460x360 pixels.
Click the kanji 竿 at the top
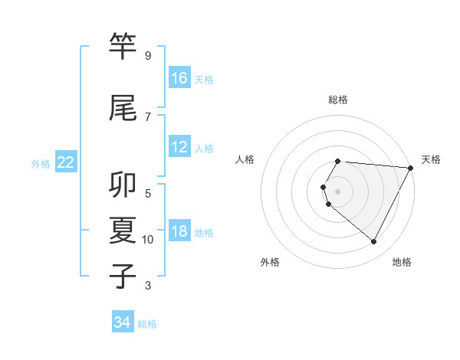(x=123, y=47)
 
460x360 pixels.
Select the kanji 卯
(x=123, y=185)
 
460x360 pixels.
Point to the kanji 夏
(x=123, y=231)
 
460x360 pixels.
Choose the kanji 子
(x=123, y=277)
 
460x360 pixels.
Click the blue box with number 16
(x=179, y=78)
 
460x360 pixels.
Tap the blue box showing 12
(x=179, y=147)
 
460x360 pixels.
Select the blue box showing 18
(x=179, y=231)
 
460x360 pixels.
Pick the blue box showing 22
(x=66, y=162)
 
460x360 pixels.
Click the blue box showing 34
(x=123, y=322)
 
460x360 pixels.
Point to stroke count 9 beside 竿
(x=148, y=56)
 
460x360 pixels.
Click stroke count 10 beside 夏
(x=148, y=240)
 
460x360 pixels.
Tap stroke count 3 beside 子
(x=148, y=286)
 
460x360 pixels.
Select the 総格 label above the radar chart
(x=338, y=100)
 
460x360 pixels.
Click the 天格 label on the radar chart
(x=431, y=159)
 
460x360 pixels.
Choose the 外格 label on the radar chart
(x=270, y=262)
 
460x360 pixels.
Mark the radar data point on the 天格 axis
(x=411, y=168)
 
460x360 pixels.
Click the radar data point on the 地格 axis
(x=374, y=242)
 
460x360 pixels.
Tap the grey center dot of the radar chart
(x=338, y=191)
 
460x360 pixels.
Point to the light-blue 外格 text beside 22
(x=41, y=163)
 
